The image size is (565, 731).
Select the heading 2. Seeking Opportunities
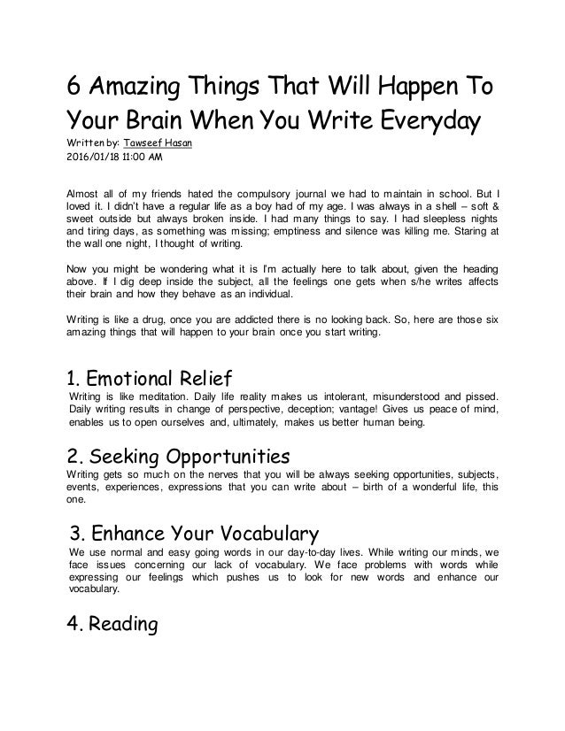pos(179,457)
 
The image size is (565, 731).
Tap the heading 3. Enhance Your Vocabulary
pos(193,534)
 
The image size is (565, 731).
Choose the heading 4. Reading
pos(112,625)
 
